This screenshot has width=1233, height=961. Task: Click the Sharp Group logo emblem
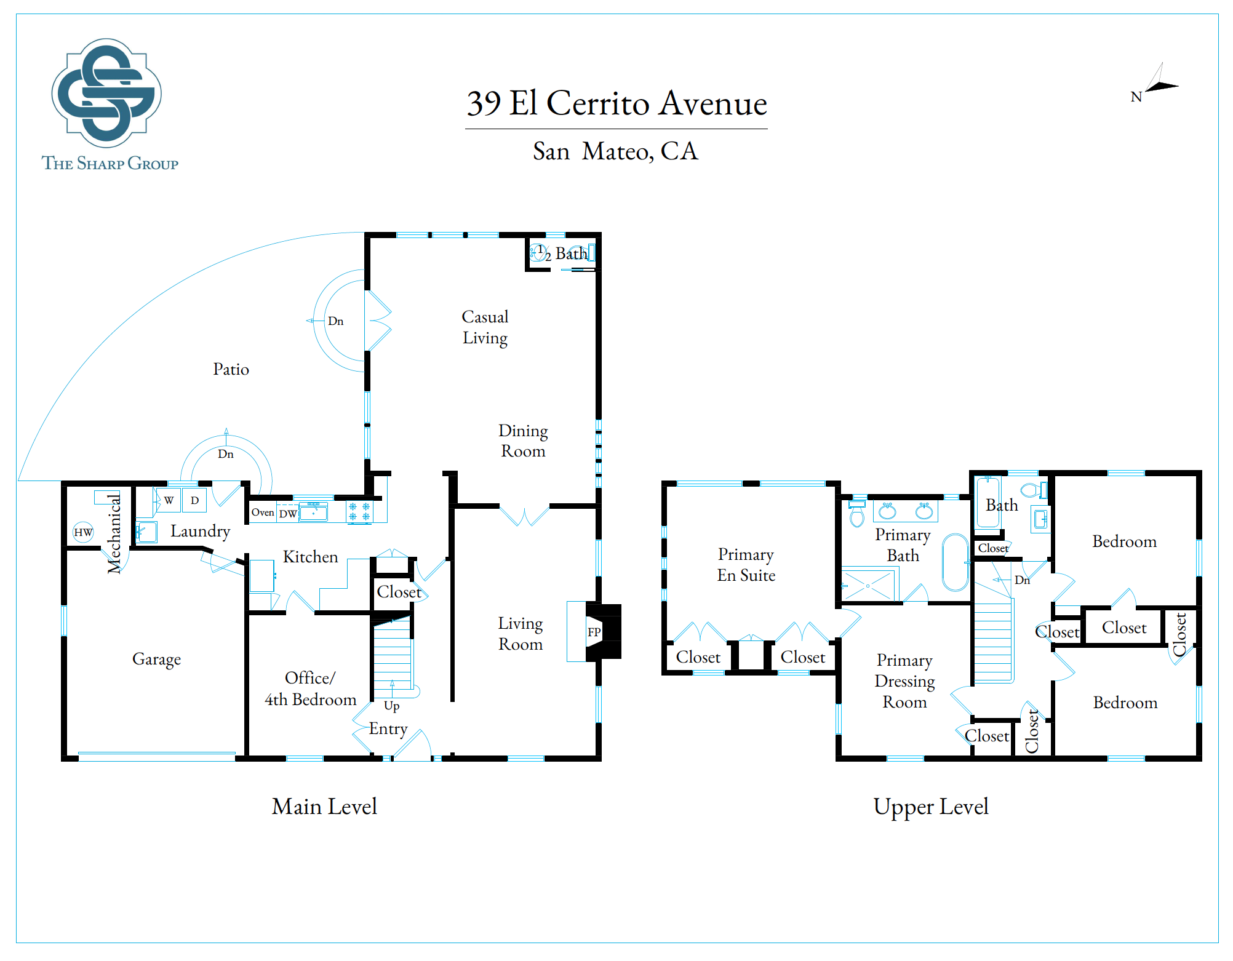coord(106,93)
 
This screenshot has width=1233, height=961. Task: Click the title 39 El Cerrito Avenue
coord(616,103)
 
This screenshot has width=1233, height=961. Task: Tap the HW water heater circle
coord(83,532)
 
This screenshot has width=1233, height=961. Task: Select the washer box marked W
coord(169,500)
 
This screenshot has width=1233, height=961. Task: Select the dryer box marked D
coord(194,500)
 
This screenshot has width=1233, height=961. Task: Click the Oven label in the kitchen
coord(263,512)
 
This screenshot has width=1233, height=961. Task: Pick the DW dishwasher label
coord(288,514)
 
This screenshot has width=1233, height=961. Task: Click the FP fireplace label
coord(594,632)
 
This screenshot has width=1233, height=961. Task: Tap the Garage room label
coord(157,660)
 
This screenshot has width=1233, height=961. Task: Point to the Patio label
coord(231,369)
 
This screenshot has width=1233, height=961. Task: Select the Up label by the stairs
coord(392,706)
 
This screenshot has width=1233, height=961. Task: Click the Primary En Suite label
coord(746,565)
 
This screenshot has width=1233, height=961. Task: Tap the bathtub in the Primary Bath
coord(956,562)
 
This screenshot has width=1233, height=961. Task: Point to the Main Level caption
coord(324,807)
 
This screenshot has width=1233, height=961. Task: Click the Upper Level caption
coord(931,807)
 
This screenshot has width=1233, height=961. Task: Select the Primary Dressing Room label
coord(904,681)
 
